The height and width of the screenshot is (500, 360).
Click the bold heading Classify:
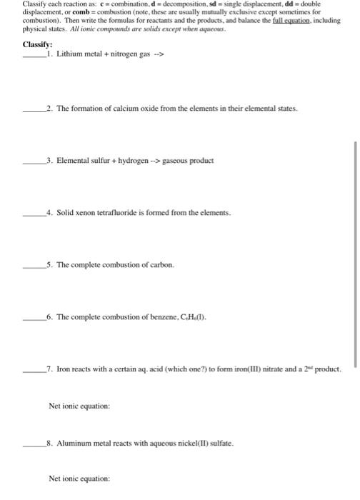pos(37,44)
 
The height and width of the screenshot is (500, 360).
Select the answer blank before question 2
pos(31,110)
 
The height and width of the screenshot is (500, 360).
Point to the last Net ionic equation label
pos(79,479)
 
